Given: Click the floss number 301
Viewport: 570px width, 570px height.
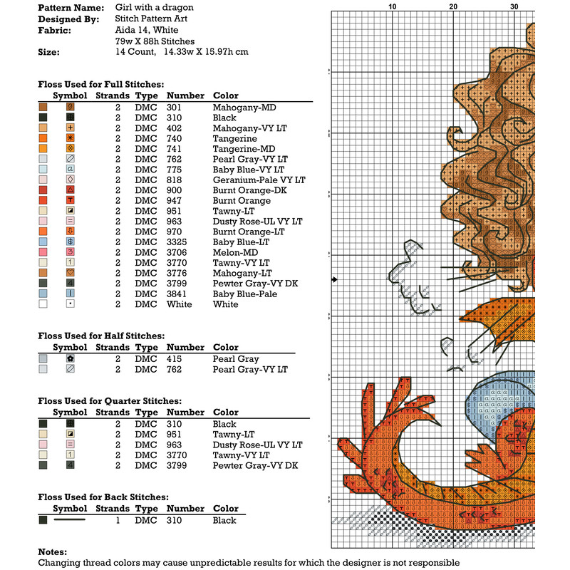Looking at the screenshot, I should point(174,108).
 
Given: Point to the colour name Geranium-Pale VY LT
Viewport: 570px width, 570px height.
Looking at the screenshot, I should point(259,180).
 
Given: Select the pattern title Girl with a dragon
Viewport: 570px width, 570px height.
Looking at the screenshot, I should point(154,7).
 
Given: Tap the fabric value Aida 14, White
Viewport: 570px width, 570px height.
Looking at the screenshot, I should point(149,31).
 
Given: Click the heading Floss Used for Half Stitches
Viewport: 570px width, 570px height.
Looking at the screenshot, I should point(101,336).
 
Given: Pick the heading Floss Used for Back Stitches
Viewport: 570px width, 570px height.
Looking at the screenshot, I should point(103,497).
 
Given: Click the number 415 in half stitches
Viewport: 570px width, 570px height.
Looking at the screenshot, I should point(173,359).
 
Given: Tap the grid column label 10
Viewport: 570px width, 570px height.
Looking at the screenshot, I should point(392,6).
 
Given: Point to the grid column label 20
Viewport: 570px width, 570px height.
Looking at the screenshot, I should point(453,6).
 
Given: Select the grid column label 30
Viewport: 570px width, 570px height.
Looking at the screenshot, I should point(514,6).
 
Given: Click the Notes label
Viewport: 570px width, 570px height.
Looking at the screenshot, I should point(53,551).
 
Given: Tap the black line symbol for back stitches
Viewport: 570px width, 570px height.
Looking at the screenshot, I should point(70,520).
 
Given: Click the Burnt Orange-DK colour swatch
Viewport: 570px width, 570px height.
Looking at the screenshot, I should point(43,190).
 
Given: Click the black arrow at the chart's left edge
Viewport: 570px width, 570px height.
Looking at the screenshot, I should point(334,280).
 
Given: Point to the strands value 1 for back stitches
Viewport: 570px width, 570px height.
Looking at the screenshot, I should point(118,520).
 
